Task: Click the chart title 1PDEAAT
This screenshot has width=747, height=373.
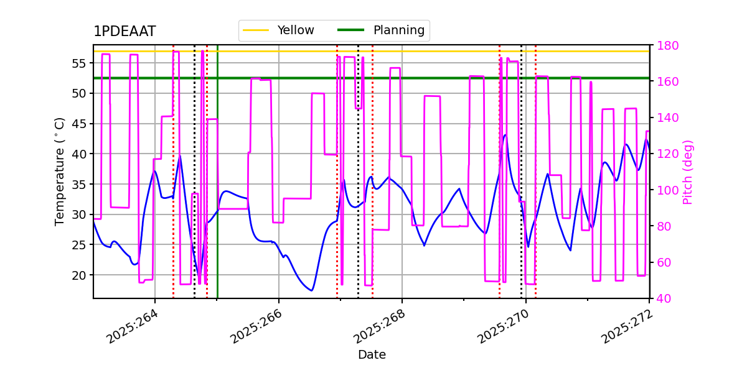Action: pos(125,32)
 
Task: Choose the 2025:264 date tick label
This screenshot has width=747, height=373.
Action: pos(133,326)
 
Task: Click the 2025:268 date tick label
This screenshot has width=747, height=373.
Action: pos(380,326)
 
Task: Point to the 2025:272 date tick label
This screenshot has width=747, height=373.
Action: pos(627,326)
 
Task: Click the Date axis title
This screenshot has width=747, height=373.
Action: pos(372,355)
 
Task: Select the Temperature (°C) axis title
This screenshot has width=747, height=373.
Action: pos(60,171)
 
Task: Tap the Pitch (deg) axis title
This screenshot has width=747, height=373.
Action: pos(688,172)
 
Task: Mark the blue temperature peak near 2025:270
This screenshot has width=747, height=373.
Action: pos(505,134)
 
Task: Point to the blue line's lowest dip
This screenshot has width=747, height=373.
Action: pos(311,290)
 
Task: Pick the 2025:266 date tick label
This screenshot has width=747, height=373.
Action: pos(256,326)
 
